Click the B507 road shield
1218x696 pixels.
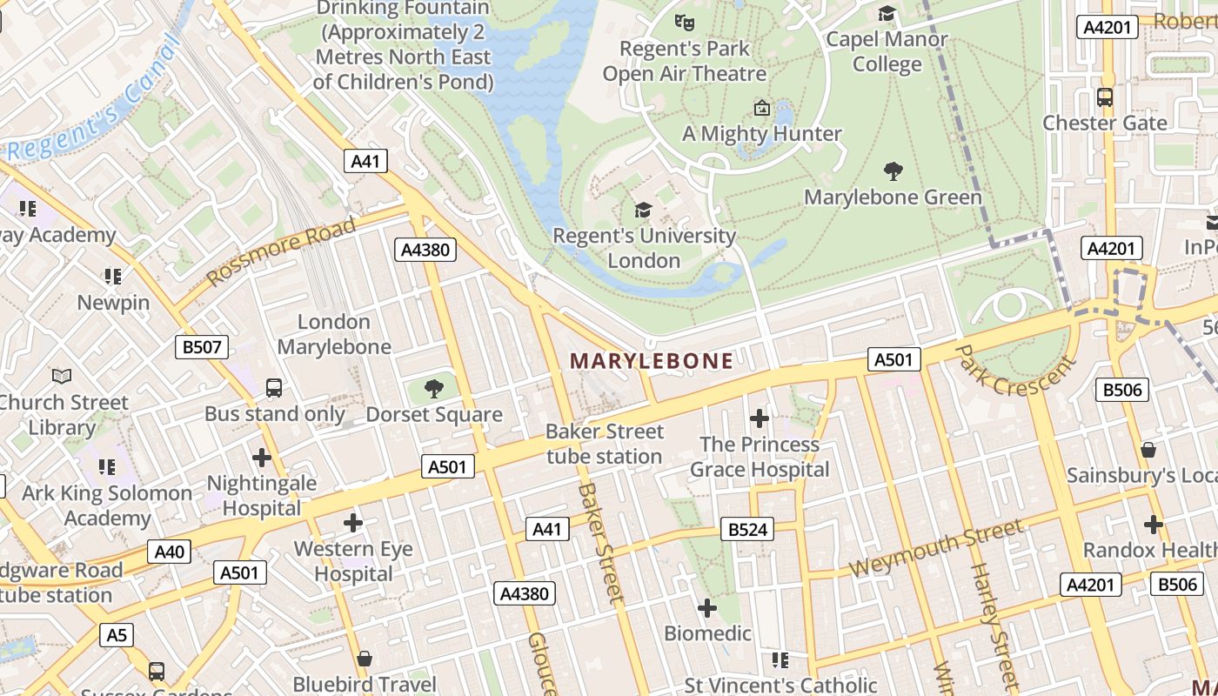tap(202, 348)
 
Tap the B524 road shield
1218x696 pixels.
tap(747, 529)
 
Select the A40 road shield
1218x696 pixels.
tap(170, 552)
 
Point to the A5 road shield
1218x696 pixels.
tap(117, 635)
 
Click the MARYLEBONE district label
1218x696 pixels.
tap(652, 360)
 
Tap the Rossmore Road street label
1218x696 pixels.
tap(283, 252)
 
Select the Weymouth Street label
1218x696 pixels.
tap(936, 548)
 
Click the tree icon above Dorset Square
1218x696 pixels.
tap(433, 388)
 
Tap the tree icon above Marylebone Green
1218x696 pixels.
tap(893, 171)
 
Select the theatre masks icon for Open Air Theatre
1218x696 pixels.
tap(685, 22)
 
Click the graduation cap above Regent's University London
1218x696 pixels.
tap(644, 210)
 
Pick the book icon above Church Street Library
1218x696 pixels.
tap(62, 376)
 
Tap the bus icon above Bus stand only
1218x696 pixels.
tap(274, 387)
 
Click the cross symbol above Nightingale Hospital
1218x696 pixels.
tap(262, 457)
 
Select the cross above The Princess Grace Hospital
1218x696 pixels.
tap(760, 418)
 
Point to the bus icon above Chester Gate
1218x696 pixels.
tap(1105, 97)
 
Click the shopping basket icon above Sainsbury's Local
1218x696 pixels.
tap(1148, 450)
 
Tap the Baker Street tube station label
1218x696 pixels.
tap(604, 444)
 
